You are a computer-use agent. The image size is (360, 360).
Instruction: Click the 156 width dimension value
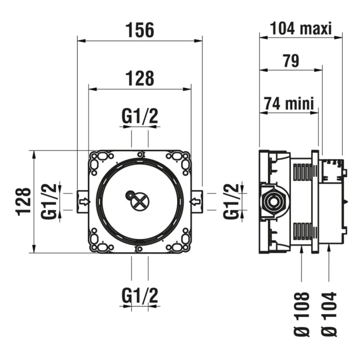[140, 30]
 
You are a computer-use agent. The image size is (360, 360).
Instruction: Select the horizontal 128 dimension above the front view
[140, 78]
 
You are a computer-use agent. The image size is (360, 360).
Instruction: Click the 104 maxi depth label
[301, 29]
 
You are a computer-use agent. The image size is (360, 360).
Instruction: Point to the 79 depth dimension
[289, 61]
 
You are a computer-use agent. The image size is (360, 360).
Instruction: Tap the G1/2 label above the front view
[140, 116]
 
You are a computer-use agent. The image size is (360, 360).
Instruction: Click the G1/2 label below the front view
[140, 294]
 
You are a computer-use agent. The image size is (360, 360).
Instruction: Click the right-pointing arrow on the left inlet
[84, 202]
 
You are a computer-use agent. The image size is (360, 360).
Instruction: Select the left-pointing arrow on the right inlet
[195, 202]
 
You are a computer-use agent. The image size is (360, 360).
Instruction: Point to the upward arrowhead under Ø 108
[302, 250]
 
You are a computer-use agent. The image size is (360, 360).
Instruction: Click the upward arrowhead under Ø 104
[329, 248]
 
